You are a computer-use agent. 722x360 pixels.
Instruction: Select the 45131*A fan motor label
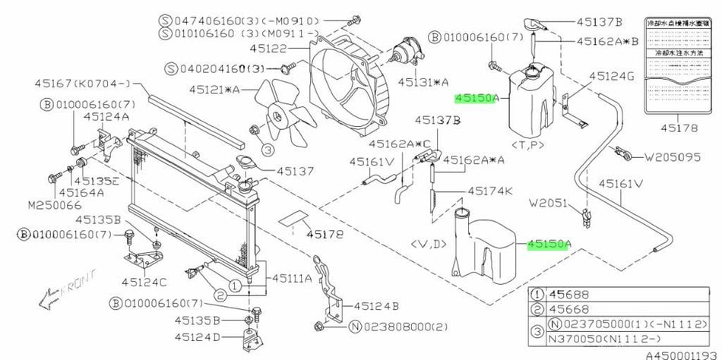[x=423, y=81]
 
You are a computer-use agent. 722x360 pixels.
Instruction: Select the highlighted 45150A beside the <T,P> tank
[x=476, y=98]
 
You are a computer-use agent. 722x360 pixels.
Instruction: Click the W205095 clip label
[x=677, y=159]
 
